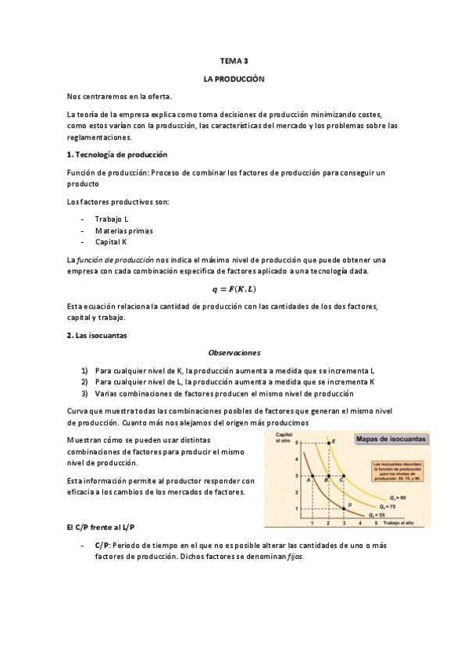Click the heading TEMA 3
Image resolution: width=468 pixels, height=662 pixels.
coord(234,60)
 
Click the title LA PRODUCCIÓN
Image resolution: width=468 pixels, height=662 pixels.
coord(234,80)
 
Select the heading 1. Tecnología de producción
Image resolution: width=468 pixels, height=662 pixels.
coord(117,155)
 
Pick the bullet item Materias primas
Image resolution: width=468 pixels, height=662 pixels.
coord(123,230)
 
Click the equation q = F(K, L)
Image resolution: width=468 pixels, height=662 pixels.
coord(234,288)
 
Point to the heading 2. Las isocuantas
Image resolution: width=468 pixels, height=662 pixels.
coord(98,335)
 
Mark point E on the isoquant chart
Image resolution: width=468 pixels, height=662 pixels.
coord(329,443)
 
